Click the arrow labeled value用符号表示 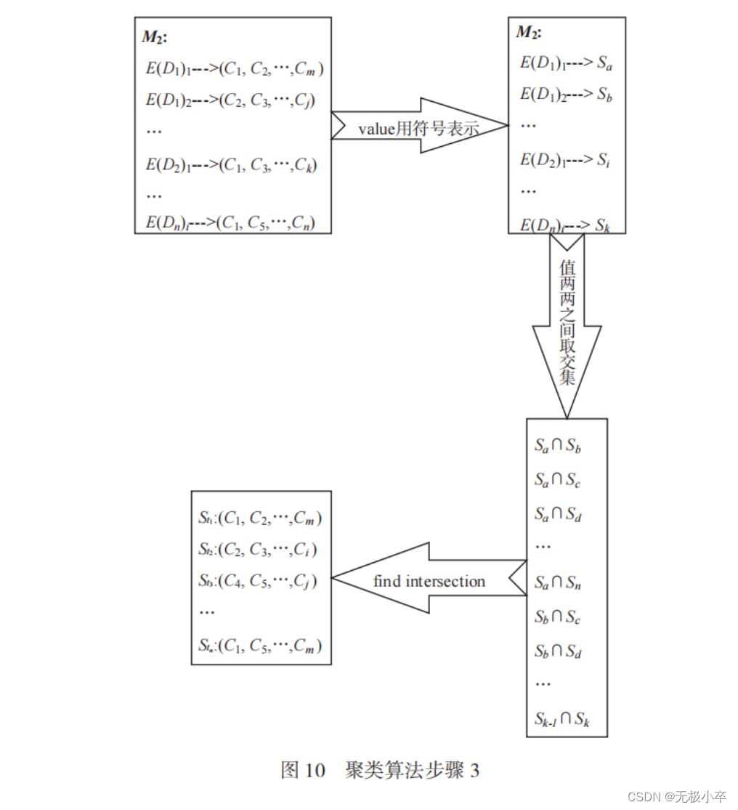[x=419, y=127]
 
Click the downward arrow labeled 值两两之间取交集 [x=567, y=324]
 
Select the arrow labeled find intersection [x=429, y=580]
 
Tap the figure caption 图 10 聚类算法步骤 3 [x=380, y=770]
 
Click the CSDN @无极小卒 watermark [x=677, y=796]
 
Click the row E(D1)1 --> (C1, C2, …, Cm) [x=235, y=69]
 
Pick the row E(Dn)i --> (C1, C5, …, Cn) [x=230, y=222]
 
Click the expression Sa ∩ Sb [x=558, y=446]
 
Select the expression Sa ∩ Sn [x=558, y=583]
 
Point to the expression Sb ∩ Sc [x=558, y=617]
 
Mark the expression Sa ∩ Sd [x=558, y=515]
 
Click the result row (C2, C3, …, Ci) [x=258, y=549]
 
